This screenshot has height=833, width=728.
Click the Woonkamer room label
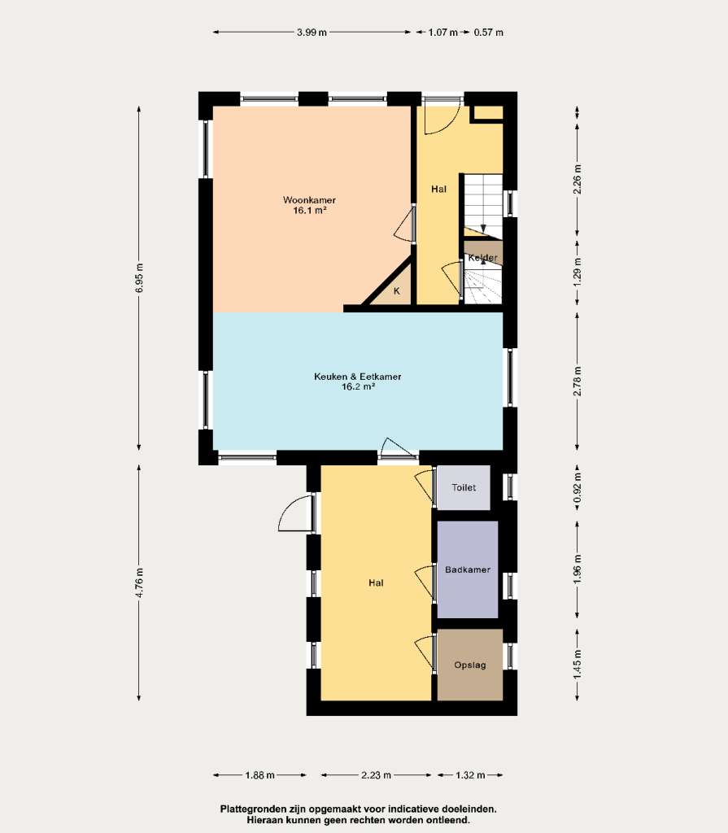tap(309, 200)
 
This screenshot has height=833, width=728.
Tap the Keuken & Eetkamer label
tap(358, 377)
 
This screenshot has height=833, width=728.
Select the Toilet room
tap(464, 488)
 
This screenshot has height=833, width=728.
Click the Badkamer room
tap(468, 569)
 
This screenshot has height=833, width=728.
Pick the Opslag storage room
tap(470, 665)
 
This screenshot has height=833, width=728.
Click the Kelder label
tap(483, 258)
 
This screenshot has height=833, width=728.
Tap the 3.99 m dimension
tap(312, 33)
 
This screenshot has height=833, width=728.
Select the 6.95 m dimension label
tap(139, 278)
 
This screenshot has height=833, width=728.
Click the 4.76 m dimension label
tap(139, 582)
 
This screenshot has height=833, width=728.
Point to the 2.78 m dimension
tap(578, 382)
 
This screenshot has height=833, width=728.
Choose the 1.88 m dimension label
tap(259, 775)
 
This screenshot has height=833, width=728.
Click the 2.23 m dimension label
tap(377, 775)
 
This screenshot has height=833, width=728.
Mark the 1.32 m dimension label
tap(470, 775)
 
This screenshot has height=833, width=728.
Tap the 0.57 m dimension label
tap(489, 33)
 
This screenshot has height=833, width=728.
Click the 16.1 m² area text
tap(309, 211)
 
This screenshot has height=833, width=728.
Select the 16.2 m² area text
tap(358, 386)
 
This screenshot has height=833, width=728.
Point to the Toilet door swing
tap(424, 483)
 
